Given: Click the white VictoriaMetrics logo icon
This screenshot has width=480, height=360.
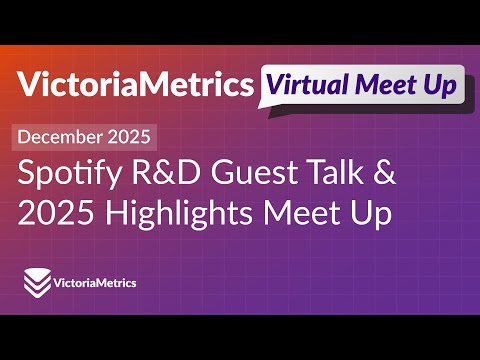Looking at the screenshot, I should (37, 283).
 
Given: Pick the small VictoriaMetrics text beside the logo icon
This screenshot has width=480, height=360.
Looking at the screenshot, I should (97, 283).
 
